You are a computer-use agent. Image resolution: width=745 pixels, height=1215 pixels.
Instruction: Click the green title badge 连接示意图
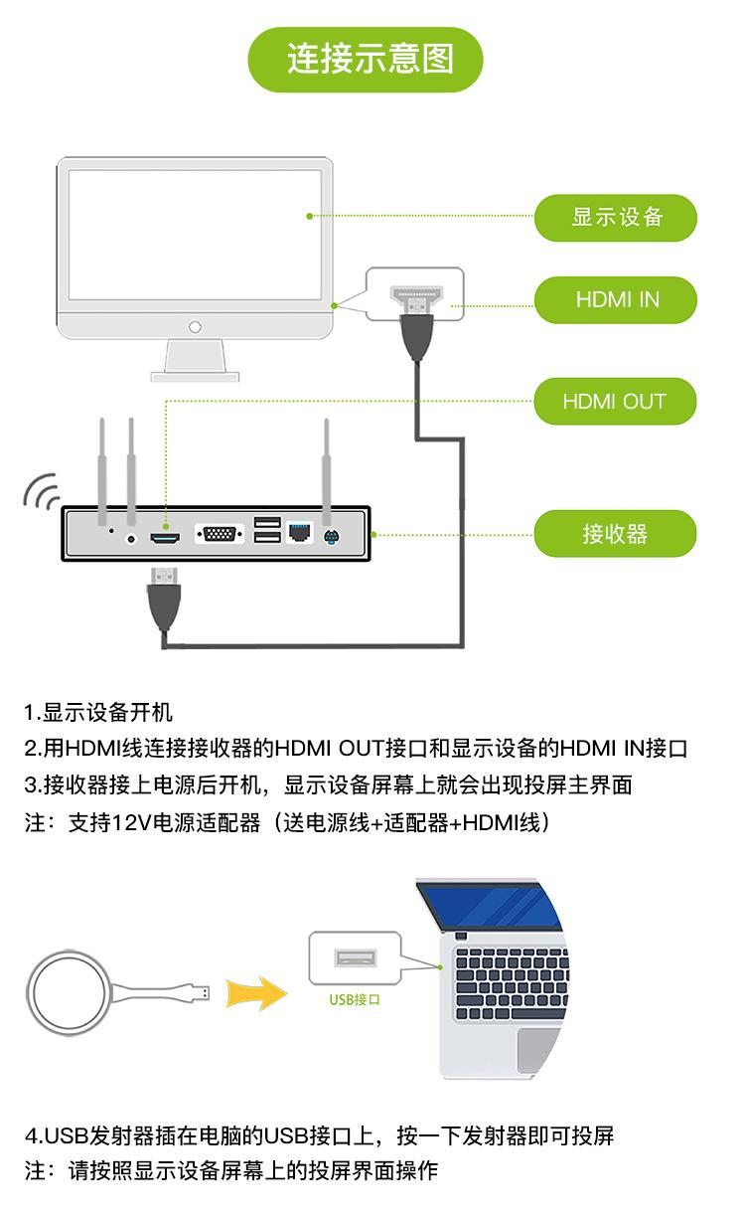coord(370,60)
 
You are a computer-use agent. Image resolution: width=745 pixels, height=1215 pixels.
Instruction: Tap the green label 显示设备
coord(616,217)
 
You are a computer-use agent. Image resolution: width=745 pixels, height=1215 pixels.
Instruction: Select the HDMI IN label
coord(616,299)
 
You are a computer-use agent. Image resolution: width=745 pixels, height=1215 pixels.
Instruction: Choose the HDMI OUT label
coord(615,402)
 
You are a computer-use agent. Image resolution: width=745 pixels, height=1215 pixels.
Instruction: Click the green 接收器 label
coord(615,534)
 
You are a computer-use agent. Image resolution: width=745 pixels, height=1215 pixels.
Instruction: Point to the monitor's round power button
coord(195,325)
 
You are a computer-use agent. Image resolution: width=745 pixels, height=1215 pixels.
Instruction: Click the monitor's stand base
coord(195,376)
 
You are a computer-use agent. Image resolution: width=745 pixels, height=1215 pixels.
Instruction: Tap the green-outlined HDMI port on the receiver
coord(165,537)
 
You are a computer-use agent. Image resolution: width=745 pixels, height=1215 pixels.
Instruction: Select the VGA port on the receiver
coord(220,535)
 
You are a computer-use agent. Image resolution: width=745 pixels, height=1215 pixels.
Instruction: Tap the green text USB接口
coord(355,999)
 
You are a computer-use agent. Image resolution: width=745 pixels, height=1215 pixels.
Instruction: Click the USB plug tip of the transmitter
coord(202,991)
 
